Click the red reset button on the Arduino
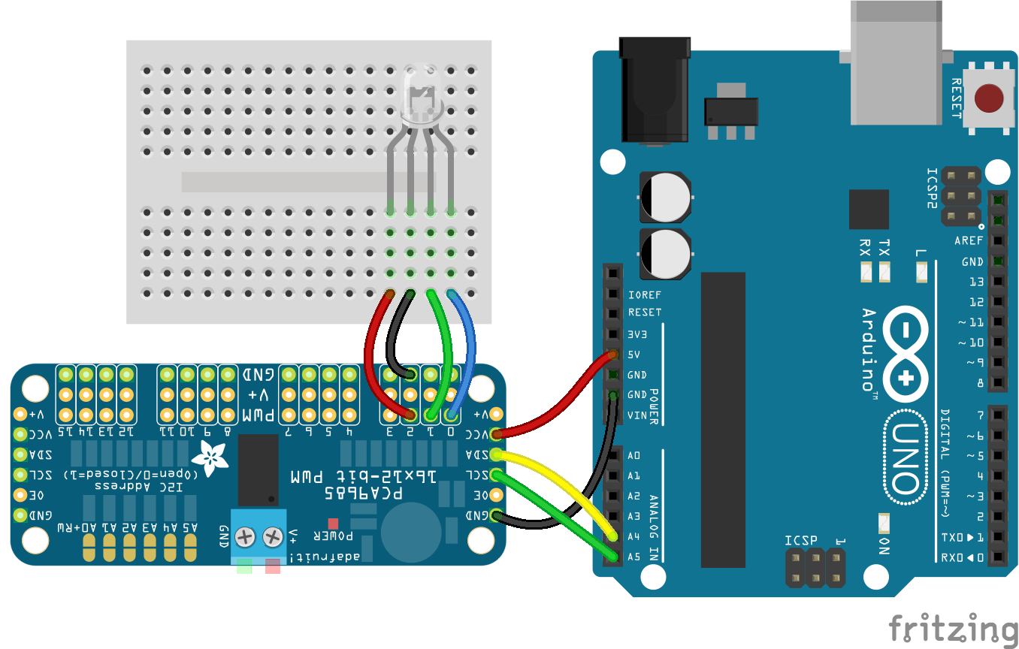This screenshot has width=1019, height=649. [988, 98]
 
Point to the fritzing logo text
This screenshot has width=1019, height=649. [953, 628]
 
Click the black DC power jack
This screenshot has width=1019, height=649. [653, 90]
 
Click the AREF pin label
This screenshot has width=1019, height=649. [969, 241]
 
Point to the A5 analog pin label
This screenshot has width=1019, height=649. [634, 557]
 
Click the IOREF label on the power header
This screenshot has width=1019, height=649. [644, 294]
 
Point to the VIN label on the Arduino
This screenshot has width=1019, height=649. [637, 415]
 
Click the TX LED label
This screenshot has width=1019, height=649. [884, 248]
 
